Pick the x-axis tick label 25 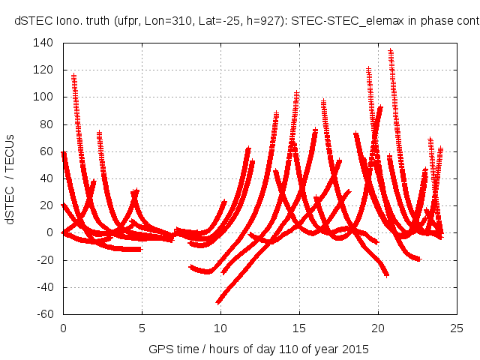tap(457, 328)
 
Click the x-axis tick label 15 tap(299, 328)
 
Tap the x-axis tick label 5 tap(142, 328)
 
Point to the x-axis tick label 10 tap(220, 328)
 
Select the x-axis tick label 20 tap(378, 328)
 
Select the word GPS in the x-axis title tap(160, 349)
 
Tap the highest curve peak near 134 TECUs tap(390, 51)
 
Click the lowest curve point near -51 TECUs tap(218, 301)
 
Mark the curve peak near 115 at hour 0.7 tap(73, 76)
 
